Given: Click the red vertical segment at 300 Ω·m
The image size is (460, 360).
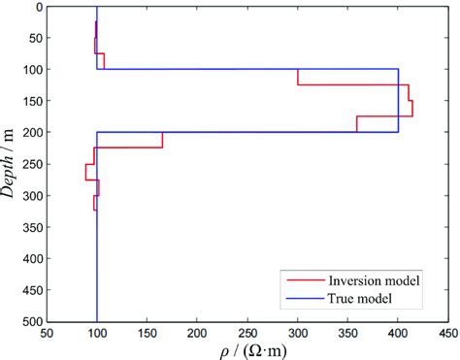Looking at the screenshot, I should click(x=297, y=77).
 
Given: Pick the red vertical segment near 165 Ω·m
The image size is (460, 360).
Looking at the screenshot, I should click(x=162, y=140).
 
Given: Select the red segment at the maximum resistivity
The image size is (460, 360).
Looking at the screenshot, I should click(x=412, y=108).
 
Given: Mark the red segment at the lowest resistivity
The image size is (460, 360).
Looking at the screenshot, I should click(x=85, y=171).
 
